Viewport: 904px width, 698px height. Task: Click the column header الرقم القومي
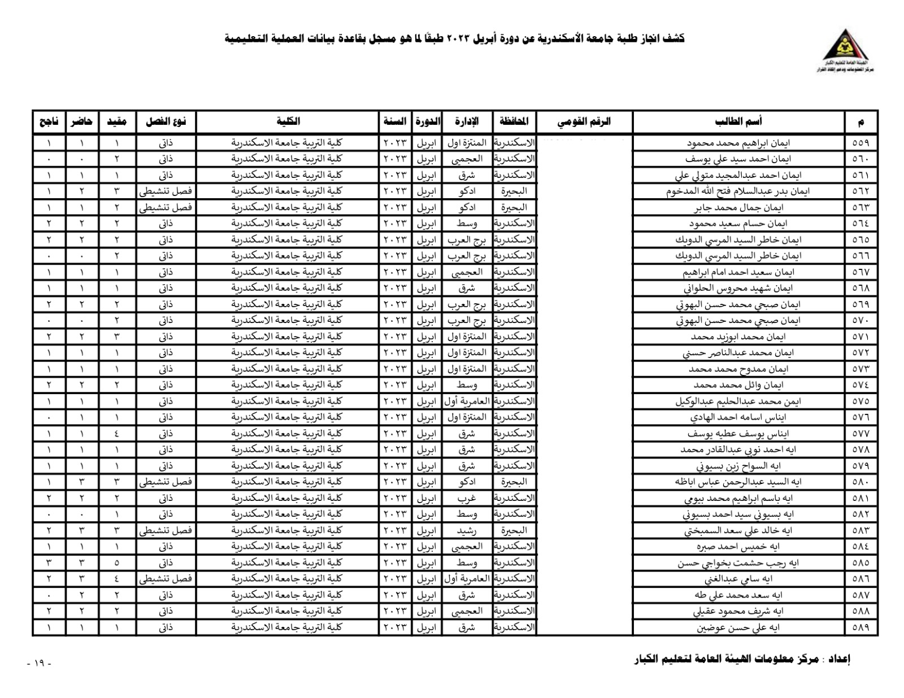point(584,121)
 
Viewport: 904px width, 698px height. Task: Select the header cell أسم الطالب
point(738,121)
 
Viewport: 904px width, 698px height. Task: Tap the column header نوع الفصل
point(166,121)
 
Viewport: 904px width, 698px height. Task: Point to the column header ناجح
point(49,121)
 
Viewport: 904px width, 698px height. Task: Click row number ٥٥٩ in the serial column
point(860,143)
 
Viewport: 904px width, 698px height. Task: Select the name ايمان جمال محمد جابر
point(738,208)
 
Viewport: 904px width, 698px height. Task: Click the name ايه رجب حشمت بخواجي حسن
point(738,563)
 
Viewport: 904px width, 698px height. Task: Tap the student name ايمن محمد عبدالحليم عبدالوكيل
point(738,402)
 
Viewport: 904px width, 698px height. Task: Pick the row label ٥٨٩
point(860,627)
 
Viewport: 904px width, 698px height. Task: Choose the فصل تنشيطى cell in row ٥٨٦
point(166,579)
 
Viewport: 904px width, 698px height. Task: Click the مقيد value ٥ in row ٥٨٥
point(117,563)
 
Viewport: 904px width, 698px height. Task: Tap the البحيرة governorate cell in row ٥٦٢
point(514,191)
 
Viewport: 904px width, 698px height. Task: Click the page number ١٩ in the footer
point(39,664)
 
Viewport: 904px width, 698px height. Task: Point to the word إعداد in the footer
point(839,659)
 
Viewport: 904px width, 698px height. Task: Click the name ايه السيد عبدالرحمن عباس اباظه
point(738,482)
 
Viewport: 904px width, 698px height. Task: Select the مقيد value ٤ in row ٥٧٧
point(117,434)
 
